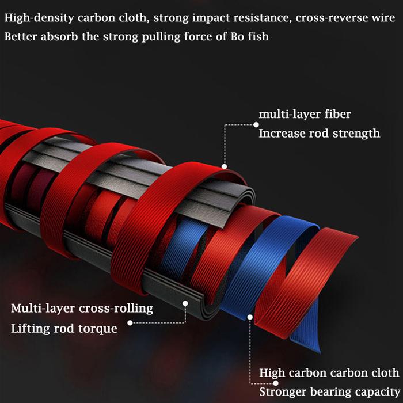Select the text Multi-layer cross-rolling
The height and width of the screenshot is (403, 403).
[82, 309]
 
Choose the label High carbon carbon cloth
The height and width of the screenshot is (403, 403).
[329, 373]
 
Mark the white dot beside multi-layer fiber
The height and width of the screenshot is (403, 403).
[254, 123]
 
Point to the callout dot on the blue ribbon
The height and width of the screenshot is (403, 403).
[250, 316]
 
